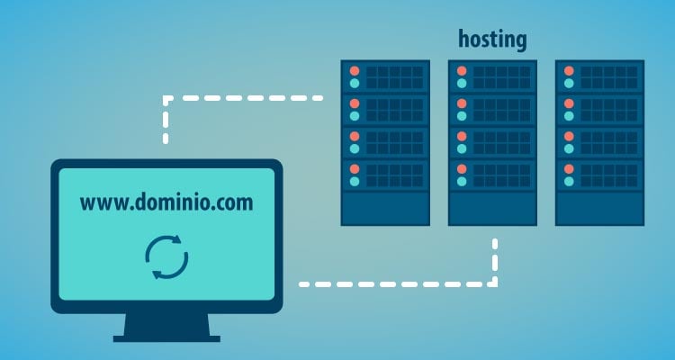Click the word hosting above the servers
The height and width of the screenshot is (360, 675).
[x=492, y=40]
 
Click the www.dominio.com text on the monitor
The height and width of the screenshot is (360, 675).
[x=166, y=202]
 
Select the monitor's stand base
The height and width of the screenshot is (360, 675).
[x=166, y=336]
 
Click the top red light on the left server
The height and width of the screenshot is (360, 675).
[x=354, y=70]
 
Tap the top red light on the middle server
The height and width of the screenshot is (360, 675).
[x=462, y=70]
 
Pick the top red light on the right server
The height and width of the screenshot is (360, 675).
[x=569, y=70]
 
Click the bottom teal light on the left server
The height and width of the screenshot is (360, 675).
[x=354, y=182]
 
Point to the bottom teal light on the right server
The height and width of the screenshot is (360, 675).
[x=569, y=182]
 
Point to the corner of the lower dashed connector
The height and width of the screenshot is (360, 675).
[x=494, y=283]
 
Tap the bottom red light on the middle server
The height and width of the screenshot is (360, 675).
[x=462, y=168]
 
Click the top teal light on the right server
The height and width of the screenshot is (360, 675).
[x=569, y=84]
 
